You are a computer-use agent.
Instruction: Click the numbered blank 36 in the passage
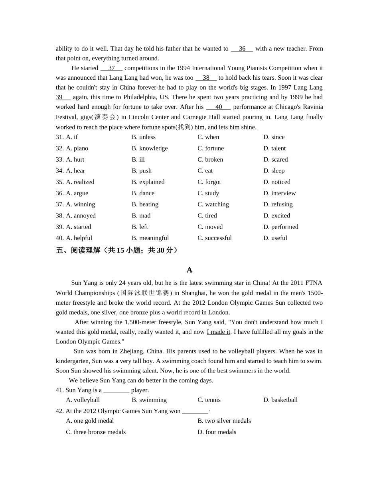coord(242,49)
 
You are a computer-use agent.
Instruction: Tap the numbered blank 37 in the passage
coord(111,68)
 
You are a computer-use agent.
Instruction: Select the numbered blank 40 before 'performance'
coord(219,107)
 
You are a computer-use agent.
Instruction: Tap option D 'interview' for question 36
coord(279,193)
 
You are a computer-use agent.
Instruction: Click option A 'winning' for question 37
coord(81,204)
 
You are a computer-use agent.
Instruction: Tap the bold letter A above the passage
coord(189,270)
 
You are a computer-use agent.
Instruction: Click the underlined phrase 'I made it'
coord(219,332)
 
